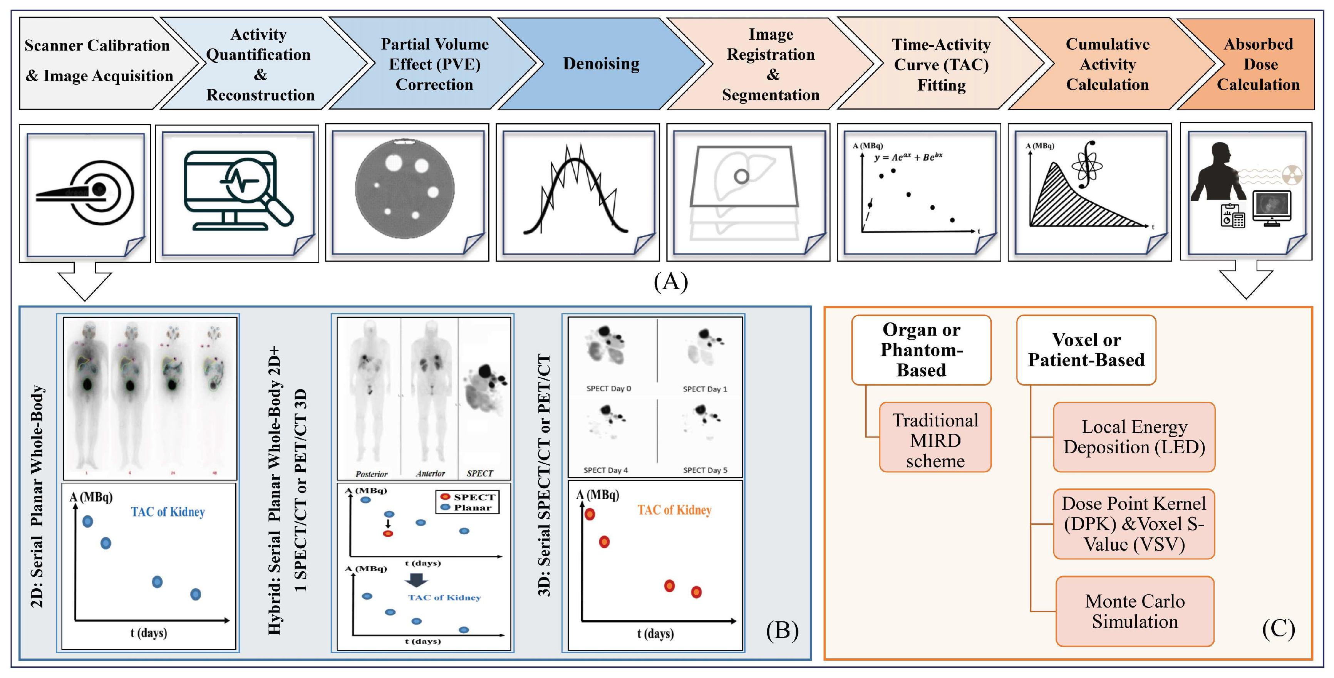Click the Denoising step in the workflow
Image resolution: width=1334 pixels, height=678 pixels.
pos(601,64)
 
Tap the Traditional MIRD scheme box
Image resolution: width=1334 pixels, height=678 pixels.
pos(935,440)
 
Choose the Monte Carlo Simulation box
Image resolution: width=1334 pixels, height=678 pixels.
pos(1135,611)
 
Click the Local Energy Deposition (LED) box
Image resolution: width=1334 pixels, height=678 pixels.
pos(1134,436)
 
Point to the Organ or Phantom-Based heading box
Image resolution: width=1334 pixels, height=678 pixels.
pos(921,350)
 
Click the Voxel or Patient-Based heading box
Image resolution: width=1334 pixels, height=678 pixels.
pos(1086,350)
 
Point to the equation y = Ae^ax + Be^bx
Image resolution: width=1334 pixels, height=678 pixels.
pos(908,157)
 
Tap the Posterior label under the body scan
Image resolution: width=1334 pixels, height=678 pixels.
pos(371,474)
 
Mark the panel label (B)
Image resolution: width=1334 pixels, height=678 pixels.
pos(782,630)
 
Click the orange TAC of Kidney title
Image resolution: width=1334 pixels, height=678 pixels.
pos(674,510)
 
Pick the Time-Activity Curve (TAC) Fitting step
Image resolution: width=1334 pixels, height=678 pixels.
pos(941,65)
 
